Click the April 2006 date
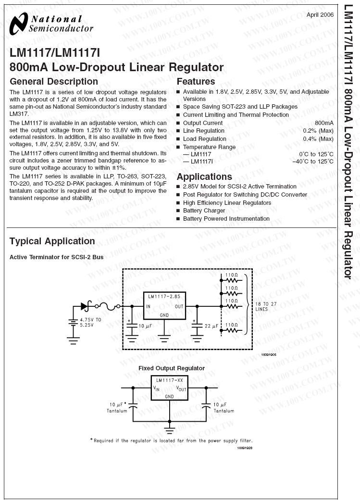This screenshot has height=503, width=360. [x=320, y=14]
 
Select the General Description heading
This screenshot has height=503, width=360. [x=54, y=81]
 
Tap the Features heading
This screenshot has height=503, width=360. [x=196, y=81]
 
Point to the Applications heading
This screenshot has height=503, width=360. [x=204, y=176]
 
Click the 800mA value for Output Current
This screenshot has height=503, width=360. [x=323, y=123]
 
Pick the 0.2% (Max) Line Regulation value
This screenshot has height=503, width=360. [x=318, y=131]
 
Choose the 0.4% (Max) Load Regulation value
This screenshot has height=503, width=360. [x=318, y=139]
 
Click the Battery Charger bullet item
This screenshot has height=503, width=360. [x=204, y=211]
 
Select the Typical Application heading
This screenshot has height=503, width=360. [x=52, y=241]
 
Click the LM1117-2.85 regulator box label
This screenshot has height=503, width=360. [x=165, y=296]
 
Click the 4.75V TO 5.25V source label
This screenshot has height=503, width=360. [x=90, y=322]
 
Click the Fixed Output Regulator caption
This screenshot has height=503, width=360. [x=165, y=368]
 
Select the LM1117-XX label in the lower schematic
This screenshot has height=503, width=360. [x=169, y=380]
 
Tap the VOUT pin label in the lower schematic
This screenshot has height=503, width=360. [x=181, y=388]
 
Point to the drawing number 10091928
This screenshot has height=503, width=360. [x=244, y=448]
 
